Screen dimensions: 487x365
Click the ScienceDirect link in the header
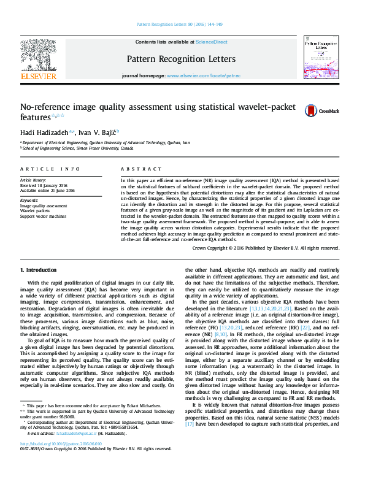tap(211, 42)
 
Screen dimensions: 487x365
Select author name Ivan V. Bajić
tap(100, 132)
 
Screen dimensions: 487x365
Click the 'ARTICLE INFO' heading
tap(50, 168)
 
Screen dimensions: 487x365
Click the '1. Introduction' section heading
tap(39, 269)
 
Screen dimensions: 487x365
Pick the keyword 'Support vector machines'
tap(43, 216)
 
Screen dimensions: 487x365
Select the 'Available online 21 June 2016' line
tap(47, 190)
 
